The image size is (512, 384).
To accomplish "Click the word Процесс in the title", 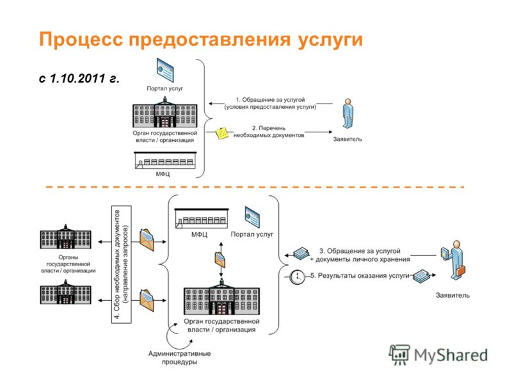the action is pos(81,40).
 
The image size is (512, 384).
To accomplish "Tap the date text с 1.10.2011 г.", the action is pos(79,78).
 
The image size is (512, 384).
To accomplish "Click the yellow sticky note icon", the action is pos(223,133).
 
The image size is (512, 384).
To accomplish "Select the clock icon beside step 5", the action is pos(297,277).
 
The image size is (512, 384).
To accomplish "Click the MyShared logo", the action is pos(438,355).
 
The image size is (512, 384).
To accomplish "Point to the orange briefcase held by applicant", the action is pos(461,270).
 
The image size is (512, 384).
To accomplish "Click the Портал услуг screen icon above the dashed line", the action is pos(165,70).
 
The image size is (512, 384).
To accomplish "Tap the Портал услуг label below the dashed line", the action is pos(252,234).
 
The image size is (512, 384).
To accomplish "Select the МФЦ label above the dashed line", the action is pos(163,174).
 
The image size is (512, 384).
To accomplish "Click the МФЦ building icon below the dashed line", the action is pos(202,218).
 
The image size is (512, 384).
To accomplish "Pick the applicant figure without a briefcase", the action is pos(348,114).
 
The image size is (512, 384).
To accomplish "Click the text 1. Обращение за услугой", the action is pos(270,100).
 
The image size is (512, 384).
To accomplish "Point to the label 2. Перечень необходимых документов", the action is pos(269,132).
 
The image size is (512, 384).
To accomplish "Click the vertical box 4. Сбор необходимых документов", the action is pos(122,264).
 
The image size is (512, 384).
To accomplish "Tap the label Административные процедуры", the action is pos(180,358).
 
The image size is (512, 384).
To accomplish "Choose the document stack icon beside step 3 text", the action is pos(301,253).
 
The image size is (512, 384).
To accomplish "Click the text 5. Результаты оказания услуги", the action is pos(360,276).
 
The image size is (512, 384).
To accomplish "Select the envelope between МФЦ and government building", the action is pos(220,260).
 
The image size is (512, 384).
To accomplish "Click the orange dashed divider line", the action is pos(255,187).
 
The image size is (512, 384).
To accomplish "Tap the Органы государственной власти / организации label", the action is pos(68,264).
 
